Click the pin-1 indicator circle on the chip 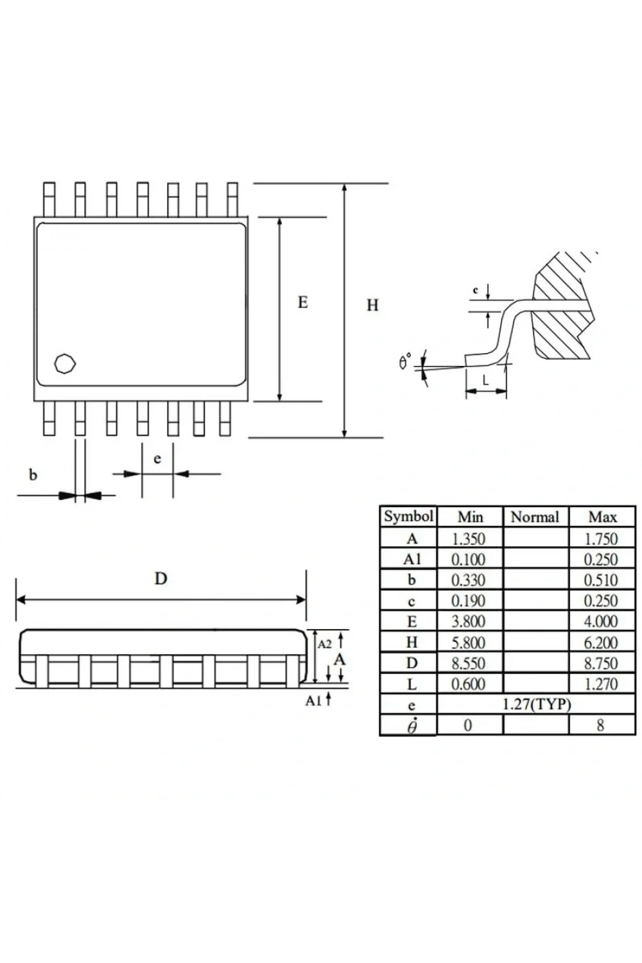pos(65,364)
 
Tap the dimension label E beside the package pos(303,302)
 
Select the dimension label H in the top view pos(372,305)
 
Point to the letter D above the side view pos(160,578)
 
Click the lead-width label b pos(33,474)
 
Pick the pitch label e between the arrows pos(157,459)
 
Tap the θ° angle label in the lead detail pos(405,360)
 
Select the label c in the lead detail pos(475,290)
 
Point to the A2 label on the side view pos(325,644)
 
